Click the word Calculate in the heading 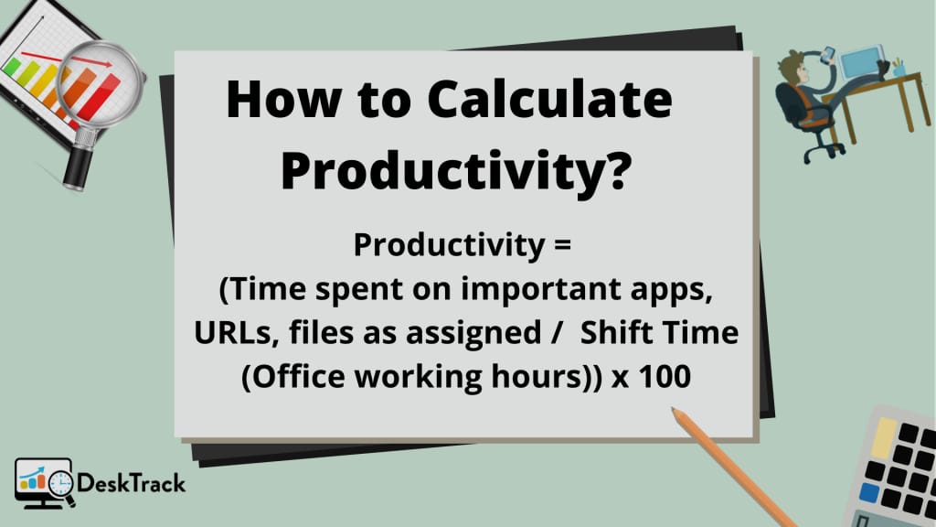point(549,99)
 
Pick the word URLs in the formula point(232,333)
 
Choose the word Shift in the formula point(615,332)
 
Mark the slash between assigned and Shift point(557,333)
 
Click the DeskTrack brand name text point(132,483)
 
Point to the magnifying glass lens point(101,83)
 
